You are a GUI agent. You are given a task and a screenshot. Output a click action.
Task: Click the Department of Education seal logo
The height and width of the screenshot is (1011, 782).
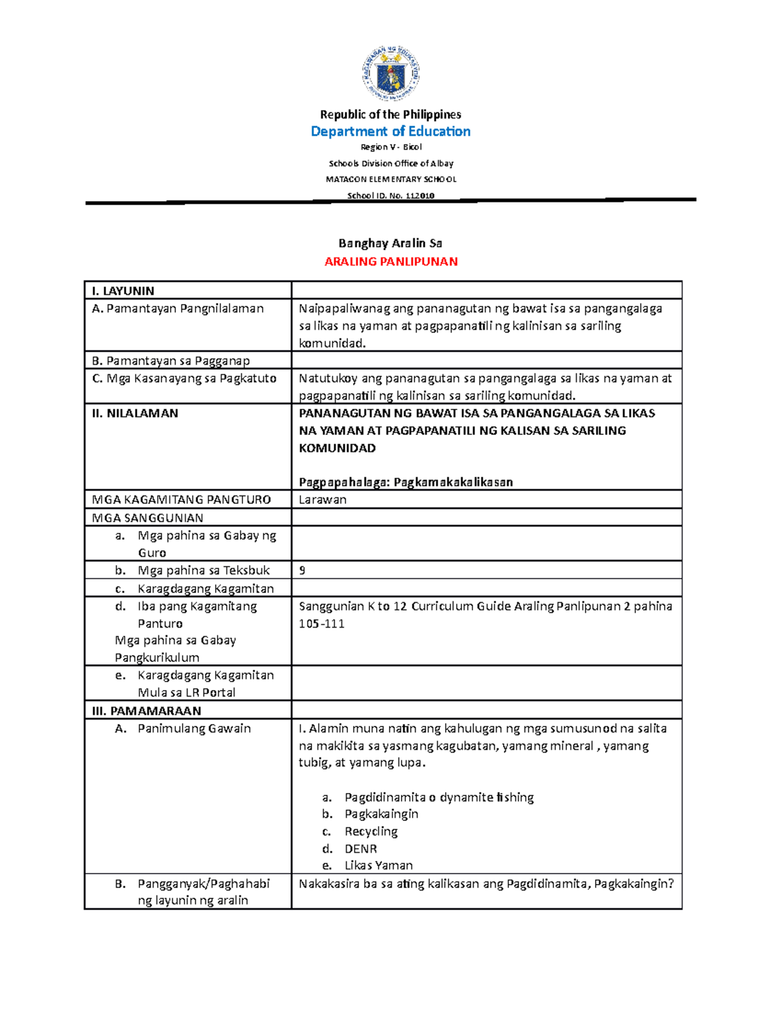pos(390,74)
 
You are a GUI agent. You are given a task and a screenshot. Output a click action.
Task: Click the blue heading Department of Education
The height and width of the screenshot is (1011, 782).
pos(390,132)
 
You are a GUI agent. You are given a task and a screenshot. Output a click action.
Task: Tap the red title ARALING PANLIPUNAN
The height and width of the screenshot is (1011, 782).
pos(391,262)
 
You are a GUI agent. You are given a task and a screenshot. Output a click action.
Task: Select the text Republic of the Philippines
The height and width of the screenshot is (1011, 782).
pos(390,115)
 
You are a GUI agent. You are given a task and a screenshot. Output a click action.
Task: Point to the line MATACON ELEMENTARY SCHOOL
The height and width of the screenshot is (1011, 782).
pos(391,179)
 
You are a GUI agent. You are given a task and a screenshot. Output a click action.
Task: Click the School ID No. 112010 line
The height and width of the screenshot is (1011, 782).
pos(391,195)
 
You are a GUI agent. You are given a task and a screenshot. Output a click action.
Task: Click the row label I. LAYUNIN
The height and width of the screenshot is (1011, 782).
pos(123,291)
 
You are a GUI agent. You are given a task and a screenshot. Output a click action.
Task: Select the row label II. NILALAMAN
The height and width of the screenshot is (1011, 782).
pos(135,413)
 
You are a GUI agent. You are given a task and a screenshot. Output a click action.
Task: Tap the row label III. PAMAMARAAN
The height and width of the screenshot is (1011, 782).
pos(147,711)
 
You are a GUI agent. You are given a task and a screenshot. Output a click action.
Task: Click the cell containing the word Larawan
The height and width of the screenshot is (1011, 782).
pos(323,499)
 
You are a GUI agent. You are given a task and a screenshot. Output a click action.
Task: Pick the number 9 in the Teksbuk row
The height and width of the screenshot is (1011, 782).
pos(302,570)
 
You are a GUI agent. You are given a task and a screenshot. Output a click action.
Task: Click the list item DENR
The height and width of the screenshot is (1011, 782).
pos(360,849)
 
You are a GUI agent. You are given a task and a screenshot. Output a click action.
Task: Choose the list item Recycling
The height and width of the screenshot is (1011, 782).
pos(371,831)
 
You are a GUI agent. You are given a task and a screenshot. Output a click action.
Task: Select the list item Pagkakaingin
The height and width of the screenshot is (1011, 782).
pos(381,814)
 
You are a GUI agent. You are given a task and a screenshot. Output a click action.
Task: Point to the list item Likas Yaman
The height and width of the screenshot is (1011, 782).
pos(379,866)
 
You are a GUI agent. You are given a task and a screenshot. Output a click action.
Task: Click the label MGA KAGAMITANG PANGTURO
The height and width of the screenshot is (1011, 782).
pos(181,499)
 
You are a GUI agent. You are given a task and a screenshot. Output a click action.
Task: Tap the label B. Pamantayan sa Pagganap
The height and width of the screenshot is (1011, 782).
pos(171,361)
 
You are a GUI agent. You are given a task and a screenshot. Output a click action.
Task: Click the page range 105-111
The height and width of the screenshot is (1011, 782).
pos(321,624)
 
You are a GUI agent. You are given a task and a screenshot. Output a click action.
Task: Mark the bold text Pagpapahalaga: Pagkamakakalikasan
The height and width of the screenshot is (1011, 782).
pos(405,482)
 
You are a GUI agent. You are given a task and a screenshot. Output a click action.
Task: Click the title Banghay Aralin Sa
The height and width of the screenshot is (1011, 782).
pos(390,243)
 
